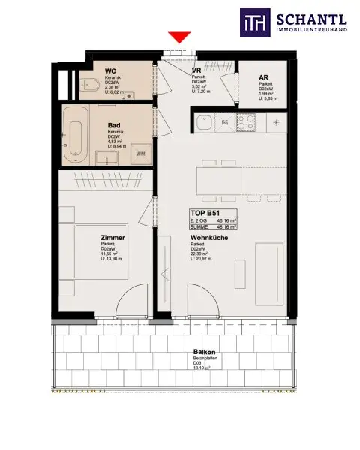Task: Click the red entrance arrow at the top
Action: tap(178, 37)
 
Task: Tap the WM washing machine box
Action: tap(141, 154)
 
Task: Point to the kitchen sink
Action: tap(204, 121)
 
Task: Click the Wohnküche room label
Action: tap(209, 237)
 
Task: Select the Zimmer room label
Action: tap(112, 238)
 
